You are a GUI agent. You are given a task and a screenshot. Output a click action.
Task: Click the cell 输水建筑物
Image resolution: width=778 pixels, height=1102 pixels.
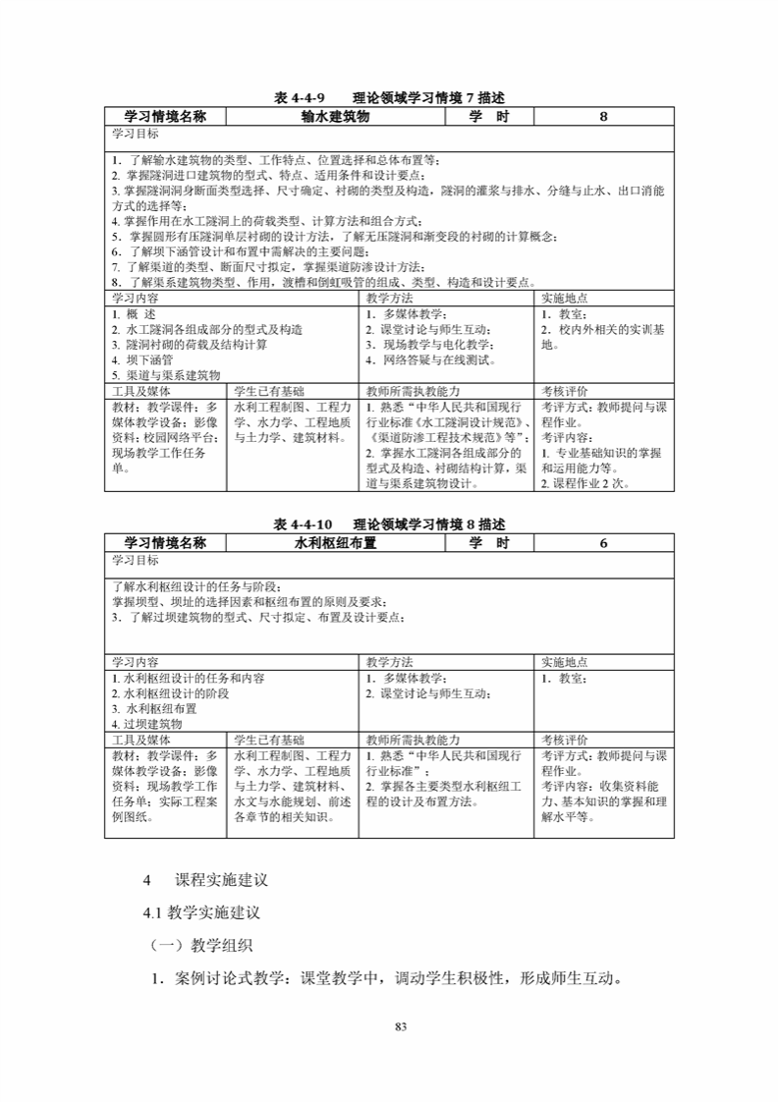click(335, 116)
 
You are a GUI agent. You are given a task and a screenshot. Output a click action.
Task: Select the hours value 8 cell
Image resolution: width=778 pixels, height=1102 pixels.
click(603, 116)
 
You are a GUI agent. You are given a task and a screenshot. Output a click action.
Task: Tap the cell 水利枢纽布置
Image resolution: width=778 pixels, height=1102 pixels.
click(335, 542)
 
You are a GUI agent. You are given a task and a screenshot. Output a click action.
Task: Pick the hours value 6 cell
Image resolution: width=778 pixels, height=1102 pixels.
click(603, 542)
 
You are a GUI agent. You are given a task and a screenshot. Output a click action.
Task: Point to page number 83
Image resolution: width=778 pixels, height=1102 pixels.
click(400, 1027)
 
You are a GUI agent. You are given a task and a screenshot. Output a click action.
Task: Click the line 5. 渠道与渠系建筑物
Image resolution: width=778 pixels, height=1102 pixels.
click(166, 375)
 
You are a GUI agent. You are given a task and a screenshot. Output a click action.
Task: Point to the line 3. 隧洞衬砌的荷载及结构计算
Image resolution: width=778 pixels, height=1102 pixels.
click(189, 345)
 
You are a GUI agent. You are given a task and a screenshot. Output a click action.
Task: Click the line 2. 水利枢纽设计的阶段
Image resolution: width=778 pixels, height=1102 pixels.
click(171, 693)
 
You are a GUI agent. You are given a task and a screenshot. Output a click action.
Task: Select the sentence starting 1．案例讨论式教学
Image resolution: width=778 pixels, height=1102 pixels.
click(386, 979)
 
